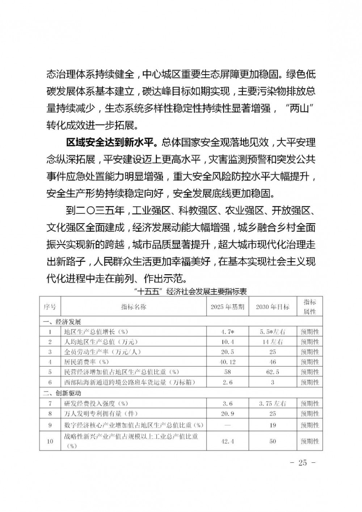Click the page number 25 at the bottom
click(x=303, y=463)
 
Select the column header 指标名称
click(x=134, y=307)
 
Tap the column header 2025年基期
click(x=227, y=307)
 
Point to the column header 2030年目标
click(x=273, y=307)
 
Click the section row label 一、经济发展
click(x=62, y=322)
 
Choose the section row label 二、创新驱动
click(x=62, y=393)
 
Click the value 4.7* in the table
click(x=227, y=332)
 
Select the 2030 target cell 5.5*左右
click(x=273, y=332)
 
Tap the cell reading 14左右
click(x=273, y=342)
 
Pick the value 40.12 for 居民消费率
click(x=227, y=362)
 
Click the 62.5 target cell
click(x=273, y=372)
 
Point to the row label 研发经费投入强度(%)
click(x=96, y=403)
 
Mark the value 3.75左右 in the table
click(x=273, y=403)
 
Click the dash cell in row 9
click(x=227, y=425)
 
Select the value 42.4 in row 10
click(x=227, y=441)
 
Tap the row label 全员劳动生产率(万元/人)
click(x=102, y=352)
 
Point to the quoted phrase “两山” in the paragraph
click(x=298, y=109)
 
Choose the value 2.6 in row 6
click(x=227, y=382)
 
